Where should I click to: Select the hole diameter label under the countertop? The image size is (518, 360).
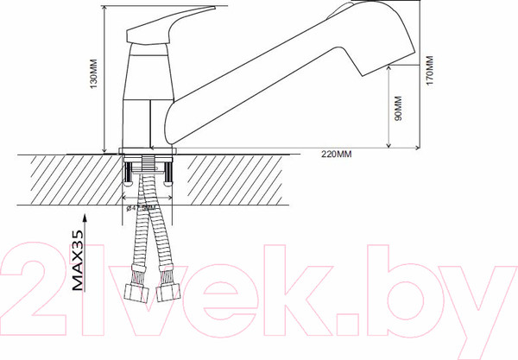[x=143, y=208]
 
